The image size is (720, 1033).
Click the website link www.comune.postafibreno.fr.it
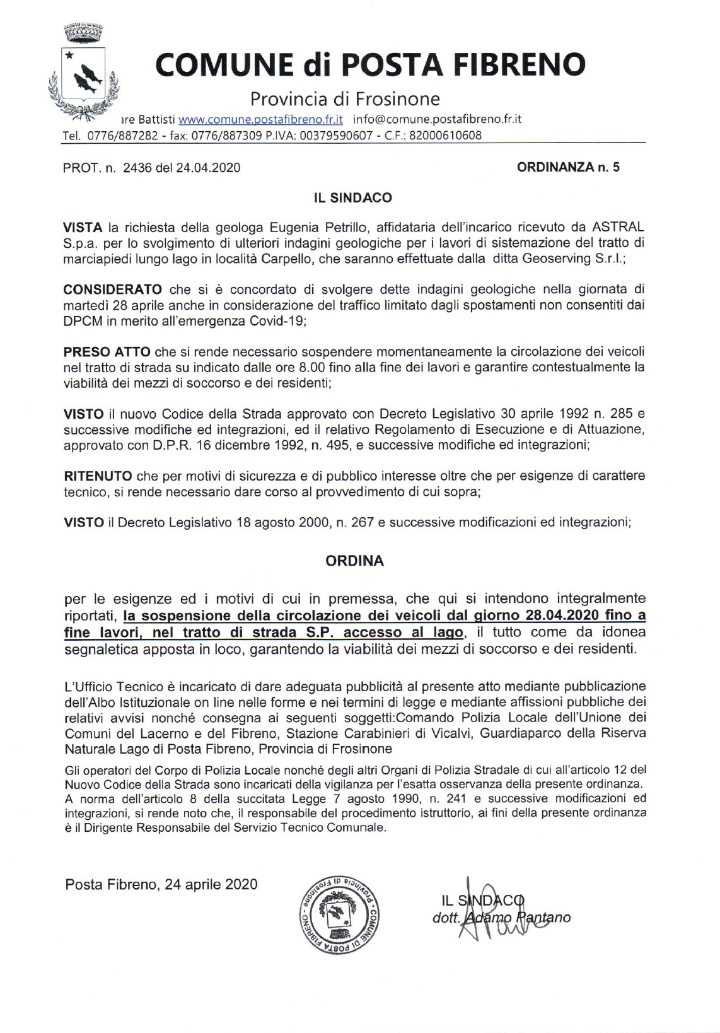[x=260, y=119]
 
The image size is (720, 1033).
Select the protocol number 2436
[x=138, y=168]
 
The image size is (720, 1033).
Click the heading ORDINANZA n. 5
[x=568, y=167]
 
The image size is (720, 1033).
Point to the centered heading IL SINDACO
[x=353, y=198]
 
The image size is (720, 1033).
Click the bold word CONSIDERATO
[x=113, y=289]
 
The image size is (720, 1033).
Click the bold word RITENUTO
[x=98, y=476]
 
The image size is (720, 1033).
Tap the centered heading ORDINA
[x=354, y=561]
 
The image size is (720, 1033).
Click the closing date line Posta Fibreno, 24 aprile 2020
[x=161, y=884]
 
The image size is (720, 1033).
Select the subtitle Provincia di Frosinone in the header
[x=345, y=99]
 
